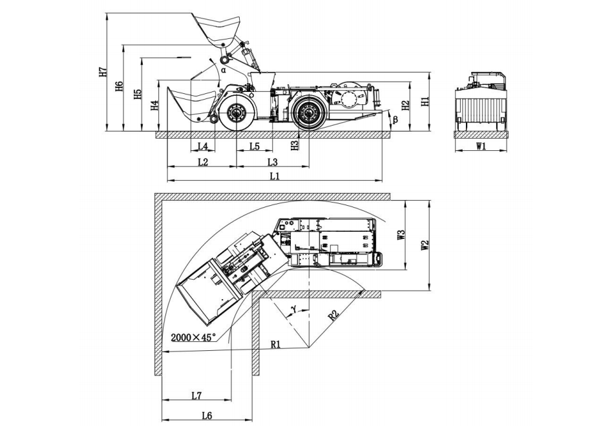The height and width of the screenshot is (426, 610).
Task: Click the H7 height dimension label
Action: click(x=103, y=72)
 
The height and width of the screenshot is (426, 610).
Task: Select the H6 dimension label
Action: click(x=119, y=87)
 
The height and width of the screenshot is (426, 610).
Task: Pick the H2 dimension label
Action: click(x=405, y=105)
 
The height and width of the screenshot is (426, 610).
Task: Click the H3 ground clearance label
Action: click(x=295, y=146)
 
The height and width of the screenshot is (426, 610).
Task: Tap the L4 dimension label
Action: click(x=202, y=146)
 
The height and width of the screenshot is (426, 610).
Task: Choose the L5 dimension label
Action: click(x=254, y=146)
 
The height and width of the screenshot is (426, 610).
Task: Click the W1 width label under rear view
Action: click(x=481, y=146)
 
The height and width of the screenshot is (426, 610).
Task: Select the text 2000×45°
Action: click(x=193, y=337)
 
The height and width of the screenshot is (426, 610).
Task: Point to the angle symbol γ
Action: click(x=295, y=309)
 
